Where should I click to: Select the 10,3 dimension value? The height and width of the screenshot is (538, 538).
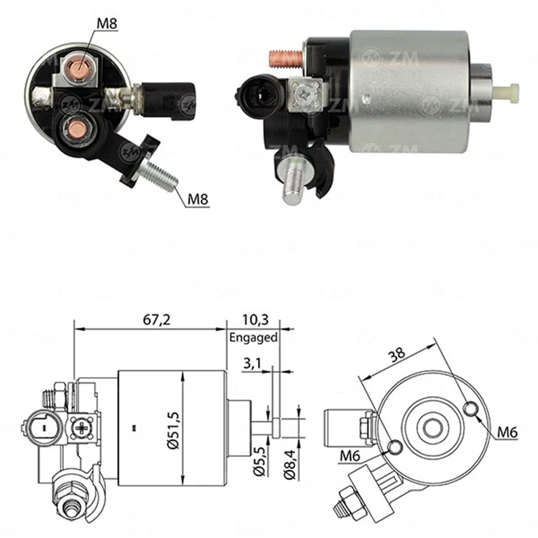coord(253,320)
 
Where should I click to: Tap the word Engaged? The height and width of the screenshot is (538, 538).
coord(253,338)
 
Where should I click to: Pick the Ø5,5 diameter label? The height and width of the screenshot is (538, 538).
coord(259,462)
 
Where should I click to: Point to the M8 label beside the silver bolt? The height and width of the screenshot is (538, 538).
coord(197,200)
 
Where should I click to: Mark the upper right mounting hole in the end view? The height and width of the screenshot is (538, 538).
coord(471,409)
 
